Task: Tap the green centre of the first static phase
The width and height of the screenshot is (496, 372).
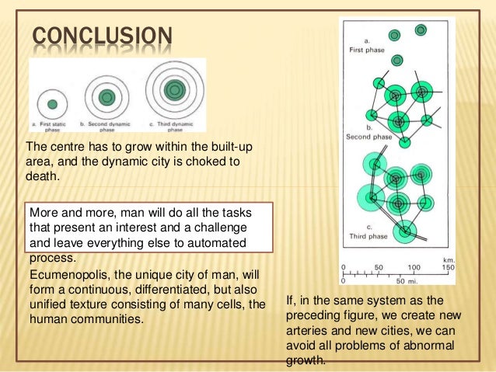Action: coord(52,103)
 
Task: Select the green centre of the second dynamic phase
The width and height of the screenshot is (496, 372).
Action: coord(106,98)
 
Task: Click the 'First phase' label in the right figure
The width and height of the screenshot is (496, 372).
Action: coord(365,49)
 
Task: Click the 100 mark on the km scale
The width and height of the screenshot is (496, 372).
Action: coord(414,266)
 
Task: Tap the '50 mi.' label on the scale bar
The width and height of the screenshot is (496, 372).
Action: coord(398,280)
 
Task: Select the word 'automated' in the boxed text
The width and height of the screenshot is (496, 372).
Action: coord(235,244)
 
